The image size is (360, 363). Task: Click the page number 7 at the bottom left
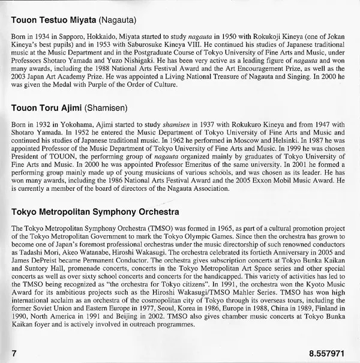point(14,350)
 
